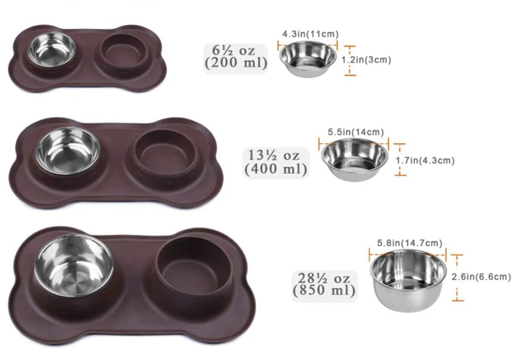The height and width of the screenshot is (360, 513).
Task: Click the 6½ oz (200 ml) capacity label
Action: pos(235,56)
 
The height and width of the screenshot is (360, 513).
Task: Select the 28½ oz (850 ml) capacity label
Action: pos(323,284)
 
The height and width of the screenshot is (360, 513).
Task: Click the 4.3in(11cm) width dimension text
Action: pos(310,33)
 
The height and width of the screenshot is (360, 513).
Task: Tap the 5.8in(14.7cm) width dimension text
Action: pos(408,243)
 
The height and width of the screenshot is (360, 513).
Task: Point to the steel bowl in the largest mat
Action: pos(74,265)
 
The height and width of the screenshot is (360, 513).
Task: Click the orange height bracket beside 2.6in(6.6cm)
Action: pos(457,277)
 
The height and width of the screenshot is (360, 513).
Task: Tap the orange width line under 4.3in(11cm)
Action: pos(308,43)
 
